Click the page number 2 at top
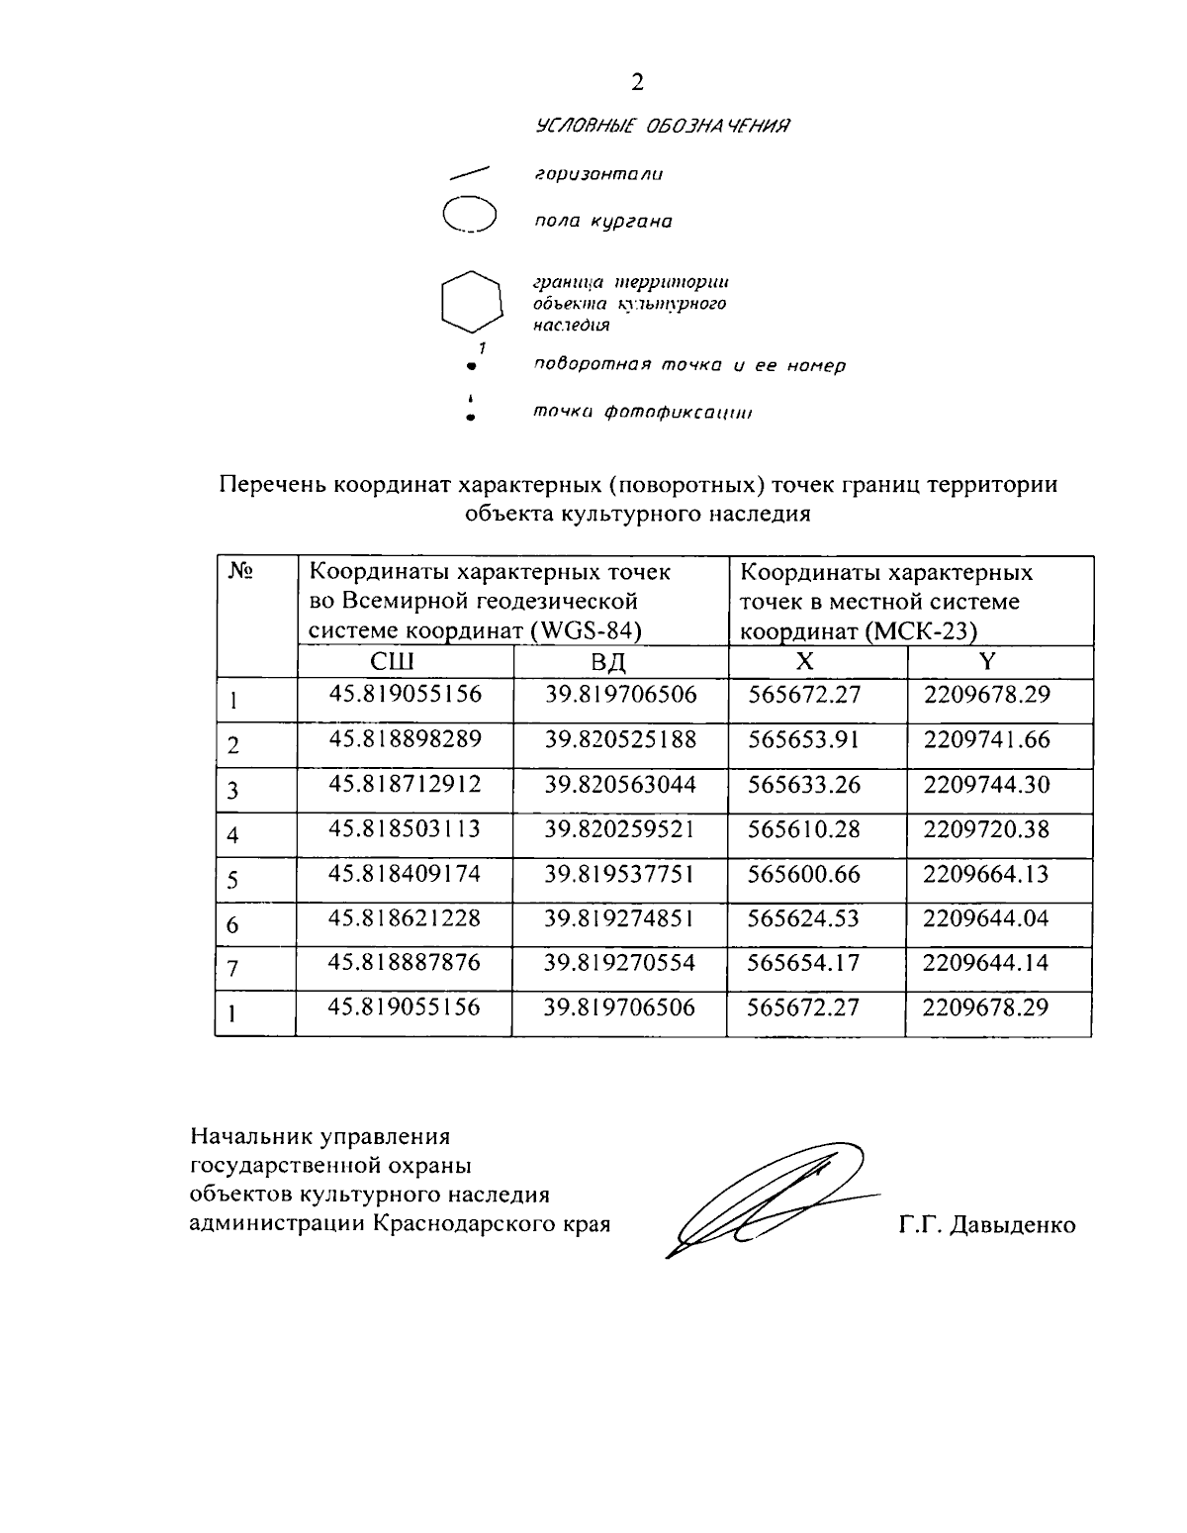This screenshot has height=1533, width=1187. pos(637,82)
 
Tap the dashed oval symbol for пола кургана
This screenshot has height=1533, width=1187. pos(469,215)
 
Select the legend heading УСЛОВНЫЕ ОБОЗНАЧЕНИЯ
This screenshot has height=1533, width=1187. pos(662,126)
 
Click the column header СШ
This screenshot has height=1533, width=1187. pos(392,662)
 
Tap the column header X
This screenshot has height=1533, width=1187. pos(805,662)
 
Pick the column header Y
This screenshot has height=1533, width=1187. pos(987,662)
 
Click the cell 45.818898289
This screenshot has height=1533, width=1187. pos(405,739)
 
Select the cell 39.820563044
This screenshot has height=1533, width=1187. pos(620,785)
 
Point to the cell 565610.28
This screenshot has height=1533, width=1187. pos(804,828)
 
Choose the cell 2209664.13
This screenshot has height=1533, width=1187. pos(986,874)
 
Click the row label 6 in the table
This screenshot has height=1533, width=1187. pos(233,925)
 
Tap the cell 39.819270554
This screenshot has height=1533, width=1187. pos(620,963)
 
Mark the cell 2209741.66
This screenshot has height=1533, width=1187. pos(986,739)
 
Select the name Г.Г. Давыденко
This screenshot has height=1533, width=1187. pos(987,1225)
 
